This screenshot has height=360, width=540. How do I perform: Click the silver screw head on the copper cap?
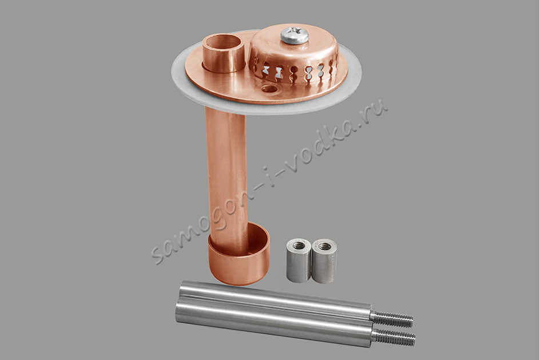(294, 35)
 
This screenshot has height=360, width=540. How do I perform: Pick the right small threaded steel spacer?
(324, 261)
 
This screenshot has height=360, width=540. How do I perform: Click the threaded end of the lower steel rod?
(395, 336)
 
